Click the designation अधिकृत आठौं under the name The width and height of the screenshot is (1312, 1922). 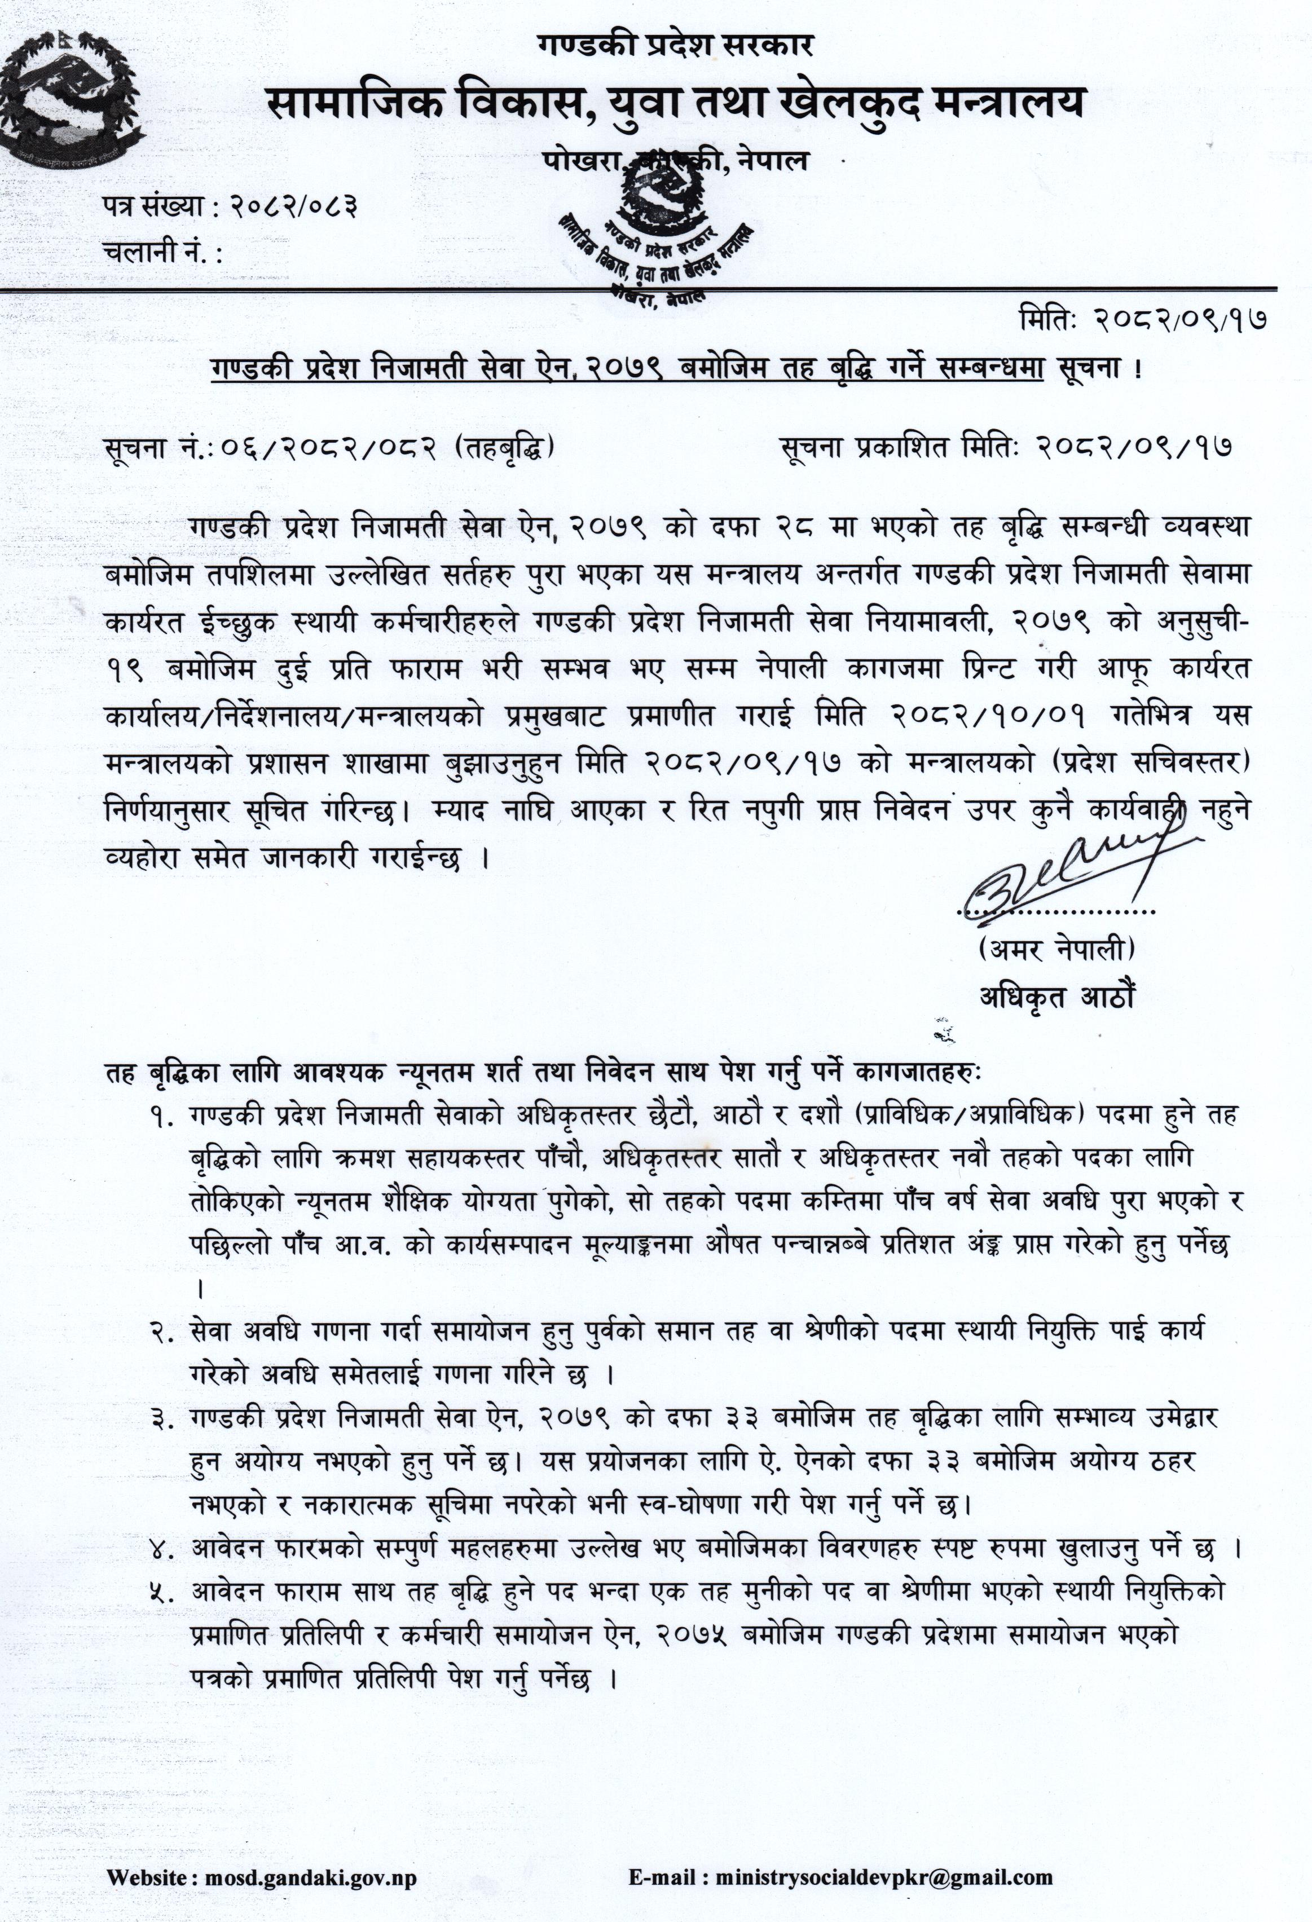point(1055,998)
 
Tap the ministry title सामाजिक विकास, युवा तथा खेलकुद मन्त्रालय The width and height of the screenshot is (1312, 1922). point(674,106)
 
